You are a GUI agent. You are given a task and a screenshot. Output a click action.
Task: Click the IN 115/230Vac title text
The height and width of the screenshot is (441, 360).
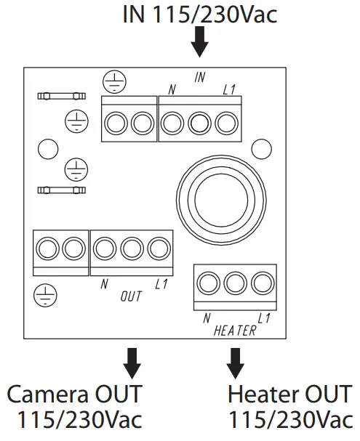point(199,14)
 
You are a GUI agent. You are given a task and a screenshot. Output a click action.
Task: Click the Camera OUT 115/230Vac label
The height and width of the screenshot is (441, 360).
point(75,407)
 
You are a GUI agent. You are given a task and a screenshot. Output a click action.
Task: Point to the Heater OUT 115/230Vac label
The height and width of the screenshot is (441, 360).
point(290,407)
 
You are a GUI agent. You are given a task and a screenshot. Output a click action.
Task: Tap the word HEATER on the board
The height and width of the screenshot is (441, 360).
point(235,331)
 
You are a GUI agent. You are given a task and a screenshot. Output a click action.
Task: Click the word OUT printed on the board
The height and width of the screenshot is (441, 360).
point(131,297)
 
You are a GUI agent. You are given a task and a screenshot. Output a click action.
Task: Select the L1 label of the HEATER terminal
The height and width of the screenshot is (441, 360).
point(264,318)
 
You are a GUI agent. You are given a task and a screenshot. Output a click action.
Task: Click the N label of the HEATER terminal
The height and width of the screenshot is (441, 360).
point(207,318)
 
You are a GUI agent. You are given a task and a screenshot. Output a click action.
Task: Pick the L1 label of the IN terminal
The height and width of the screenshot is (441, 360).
point(229,89)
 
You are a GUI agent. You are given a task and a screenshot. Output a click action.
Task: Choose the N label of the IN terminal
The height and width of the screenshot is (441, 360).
point(172,89)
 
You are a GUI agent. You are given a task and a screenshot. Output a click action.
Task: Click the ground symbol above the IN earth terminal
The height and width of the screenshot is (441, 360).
point(113,80)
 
